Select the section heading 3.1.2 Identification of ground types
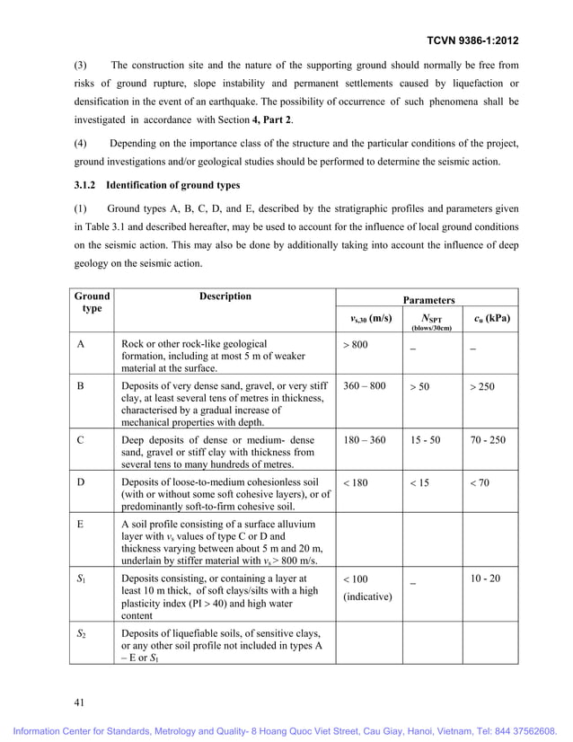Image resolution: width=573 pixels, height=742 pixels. (x=157, y=185)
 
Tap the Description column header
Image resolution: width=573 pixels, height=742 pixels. (x=225, y=296)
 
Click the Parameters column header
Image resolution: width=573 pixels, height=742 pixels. (x=428, y=300)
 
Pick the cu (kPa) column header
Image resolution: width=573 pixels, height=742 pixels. (x=491, y=319)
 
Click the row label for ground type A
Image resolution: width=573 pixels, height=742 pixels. (x=80, y=345)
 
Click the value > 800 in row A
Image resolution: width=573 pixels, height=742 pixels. (x=356, y=345)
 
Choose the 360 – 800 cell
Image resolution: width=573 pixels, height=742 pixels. (x=364, y=386)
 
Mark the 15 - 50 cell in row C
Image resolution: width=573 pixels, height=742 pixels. (x=425, y=441)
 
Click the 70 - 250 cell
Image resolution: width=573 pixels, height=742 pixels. (x=488, y=441)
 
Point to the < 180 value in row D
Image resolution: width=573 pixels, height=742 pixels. (x=356, y=483)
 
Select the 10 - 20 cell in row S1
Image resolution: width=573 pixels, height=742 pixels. (x=485, y=579)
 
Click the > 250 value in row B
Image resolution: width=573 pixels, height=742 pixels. (x=480, y=387)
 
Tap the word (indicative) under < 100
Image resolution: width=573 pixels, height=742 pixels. (x=367, y=596)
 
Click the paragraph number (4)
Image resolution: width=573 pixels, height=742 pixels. (x=80, y=145)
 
